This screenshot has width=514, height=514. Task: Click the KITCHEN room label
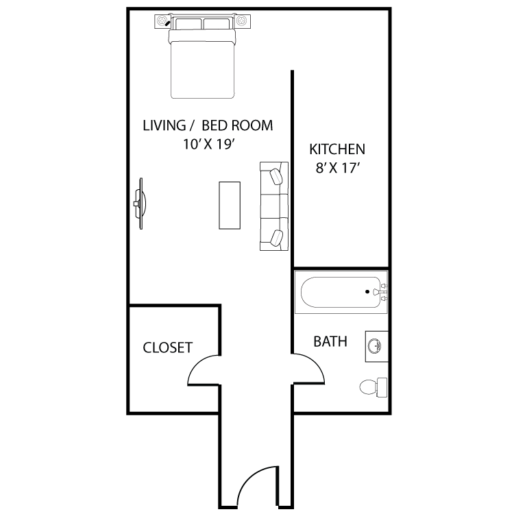coord(337,149)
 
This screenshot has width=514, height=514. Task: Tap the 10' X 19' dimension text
coord(210,144)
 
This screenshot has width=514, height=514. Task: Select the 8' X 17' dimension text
coord(338,168)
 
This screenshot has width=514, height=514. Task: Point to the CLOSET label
coord(167,347)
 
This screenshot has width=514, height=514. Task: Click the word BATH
coord(330,341)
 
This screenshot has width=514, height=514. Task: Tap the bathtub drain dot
coord(367,291)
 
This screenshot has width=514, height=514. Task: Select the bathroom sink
coord(377,347)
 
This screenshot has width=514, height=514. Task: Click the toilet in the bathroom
coord(374,387)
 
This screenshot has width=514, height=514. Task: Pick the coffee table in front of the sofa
coord(230,205)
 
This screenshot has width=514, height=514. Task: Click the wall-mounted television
coord(140,204)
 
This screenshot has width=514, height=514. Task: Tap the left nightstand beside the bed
coord(162,21)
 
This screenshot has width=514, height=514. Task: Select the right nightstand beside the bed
coord(243,21)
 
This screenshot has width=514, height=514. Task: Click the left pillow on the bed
coord(188,24)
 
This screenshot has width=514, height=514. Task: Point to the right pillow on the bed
coord(216,24)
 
